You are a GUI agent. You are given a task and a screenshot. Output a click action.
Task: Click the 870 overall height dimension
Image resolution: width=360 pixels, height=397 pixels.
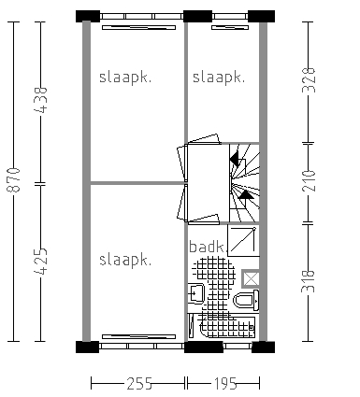tap(14, 179)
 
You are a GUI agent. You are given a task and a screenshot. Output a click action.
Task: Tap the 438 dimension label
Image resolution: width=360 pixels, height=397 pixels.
tap(40, 100)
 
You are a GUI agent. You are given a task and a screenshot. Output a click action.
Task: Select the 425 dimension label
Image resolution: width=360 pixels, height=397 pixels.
tap(40, 262)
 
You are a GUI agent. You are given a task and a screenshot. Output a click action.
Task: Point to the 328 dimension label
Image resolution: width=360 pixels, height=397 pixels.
tap(309, 80)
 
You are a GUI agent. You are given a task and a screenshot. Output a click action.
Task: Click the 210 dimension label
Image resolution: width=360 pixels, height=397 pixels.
tap(309, 180)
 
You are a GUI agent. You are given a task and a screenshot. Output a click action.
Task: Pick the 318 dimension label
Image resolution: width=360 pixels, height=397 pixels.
tap(309, 281)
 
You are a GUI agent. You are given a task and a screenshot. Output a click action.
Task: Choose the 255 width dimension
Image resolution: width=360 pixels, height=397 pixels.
tap(139, 383)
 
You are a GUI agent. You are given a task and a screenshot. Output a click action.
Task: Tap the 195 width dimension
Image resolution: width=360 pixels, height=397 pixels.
tap(225, 383)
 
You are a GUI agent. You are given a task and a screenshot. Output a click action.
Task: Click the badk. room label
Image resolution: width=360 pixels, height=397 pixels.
tap(207, 247)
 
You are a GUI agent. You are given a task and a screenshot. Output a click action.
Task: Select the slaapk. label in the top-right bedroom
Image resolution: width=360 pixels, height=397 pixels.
tap(219, 78)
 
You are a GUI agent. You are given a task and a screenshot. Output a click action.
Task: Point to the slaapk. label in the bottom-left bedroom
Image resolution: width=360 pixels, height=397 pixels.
tap(125, 260)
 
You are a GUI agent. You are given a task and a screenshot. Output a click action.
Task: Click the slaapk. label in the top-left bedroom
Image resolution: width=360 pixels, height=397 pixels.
tap(125, 78)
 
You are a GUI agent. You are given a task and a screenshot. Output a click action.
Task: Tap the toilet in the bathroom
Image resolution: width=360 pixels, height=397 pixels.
tap(246, 301)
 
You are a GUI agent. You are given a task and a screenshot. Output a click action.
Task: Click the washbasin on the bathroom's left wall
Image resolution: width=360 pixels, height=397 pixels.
tap(196, 293)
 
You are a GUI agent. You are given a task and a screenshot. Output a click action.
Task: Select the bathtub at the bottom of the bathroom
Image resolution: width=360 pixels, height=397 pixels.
tap(222, 327)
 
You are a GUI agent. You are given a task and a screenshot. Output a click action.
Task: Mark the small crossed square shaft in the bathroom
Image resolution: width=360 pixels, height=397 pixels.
tap(251, 278)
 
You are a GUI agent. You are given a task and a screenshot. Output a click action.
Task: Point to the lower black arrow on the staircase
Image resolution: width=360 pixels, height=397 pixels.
tap(246, 194)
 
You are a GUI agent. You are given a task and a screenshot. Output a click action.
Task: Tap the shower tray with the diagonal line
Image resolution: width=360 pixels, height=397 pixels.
tap(243, 240)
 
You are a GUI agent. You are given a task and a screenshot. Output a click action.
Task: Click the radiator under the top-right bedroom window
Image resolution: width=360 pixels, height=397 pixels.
tap(230, 28)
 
